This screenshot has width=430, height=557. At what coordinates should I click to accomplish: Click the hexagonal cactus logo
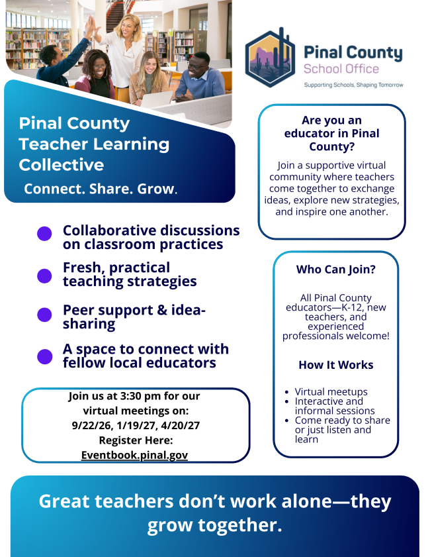[x=271, y=58]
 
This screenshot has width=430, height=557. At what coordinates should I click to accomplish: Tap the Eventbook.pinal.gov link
[x=134, y=455]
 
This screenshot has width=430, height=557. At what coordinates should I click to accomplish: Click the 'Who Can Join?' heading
[x=335, y=270]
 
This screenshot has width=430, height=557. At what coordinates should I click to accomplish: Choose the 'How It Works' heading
[x=335, y=365]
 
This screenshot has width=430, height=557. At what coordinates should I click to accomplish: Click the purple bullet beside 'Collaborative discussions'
[x=44, y=234]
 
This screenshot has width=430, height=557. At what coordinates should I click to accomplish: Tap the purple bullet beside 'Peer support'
[x=44, y=315]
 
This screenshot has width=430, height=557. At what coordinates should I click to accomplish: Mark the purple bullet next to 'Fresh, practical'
[x=44, y=276]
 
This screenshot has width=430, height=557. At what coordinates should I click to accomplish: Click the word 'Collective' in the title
[x=62, y=165]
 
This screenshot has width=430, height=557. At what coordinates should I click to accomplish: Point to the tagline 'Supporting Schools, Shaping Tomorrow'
[x=353, y=85]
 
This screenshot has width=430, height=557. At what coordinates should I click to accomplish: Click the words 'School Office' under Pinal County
[x=341, y=69]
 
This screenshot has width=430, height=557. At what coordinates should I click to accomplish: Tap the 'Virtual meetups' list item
[x=331, y=391]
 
